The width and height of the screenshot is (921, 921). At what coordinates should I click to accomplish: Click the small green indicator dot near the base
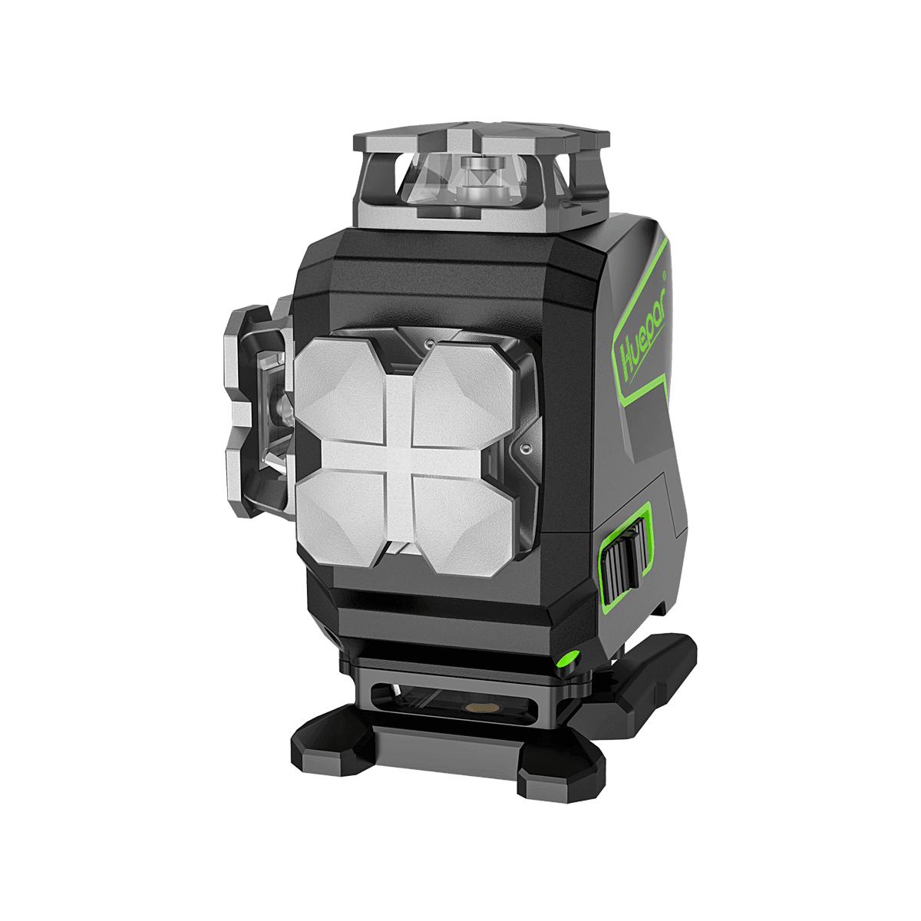pos(569,659)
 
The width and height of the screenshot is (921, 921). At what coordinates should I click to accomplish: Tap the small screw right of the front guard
pos(526,445)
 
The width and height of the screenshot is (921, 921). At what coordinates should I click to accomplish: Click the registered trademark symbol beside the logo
pos(665,272)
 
